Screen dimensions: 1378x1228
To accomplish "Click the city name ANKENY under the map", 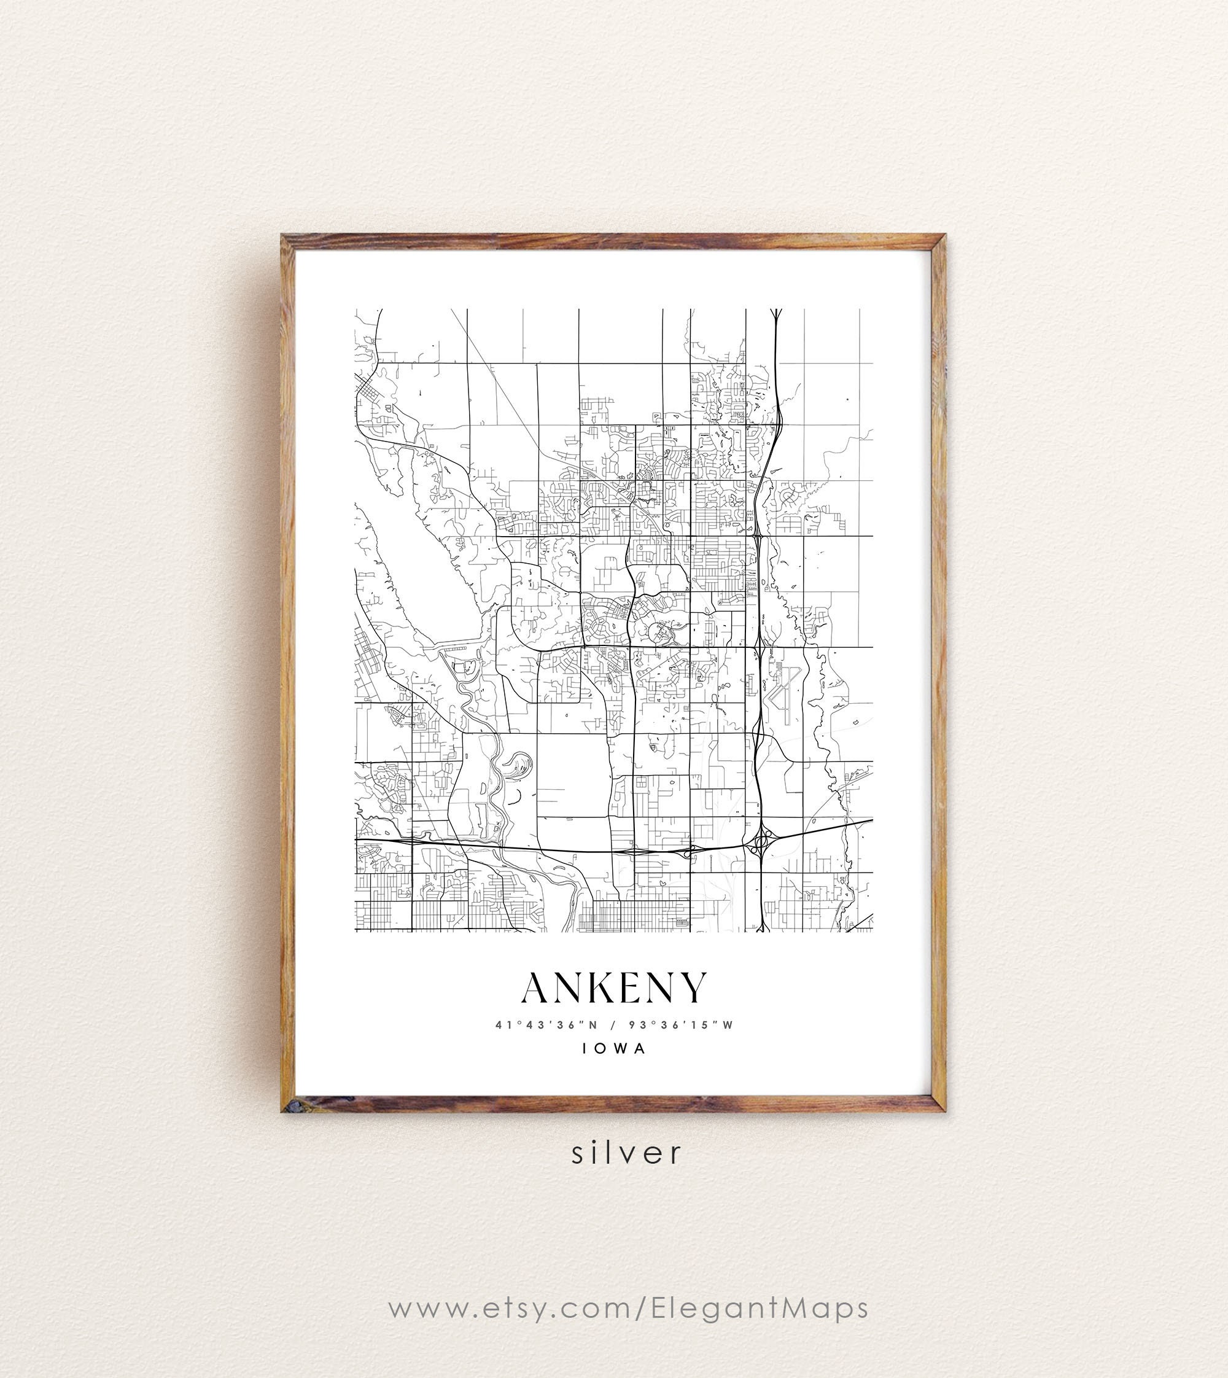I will coord(614,988).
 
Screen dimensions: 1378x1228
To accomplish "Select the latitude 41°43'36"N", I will coord(546,1025).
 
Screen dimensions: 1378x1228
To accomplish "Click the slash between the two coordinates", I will coord(613,1025).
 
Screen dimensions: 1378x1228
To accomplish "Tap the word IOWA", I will coord(614,1049).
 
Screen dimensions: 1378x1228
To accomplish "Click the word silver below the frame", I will coord(627,1153).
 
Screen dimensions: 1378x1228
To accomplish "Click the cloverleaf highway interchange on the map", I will coord(762,841).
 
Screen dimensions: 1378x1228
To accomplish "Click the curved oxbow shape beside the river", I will coord(518,765).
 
